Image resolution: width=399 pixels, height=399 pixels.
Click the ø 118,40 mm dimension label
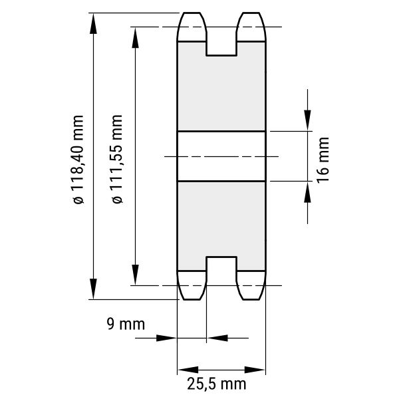[78, 160]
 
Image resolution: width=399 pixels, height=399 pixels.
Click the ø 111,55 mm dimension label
[117, 159]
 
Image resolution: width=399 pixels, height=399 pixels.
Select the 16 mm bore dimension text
[323, 160]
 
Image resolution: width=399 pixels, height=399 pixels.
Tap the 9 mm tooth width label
[126, 325]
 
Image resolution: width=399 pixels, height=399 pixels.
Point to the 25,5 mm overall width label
[217, 384]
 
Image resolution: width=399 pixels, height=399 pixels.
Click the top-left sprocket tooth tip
[192, 13]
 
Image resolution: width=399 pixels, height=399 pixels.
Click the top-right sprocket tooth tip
[251, 13]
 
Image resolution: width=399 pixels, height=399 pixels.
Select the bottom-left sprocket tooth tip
[192, 299]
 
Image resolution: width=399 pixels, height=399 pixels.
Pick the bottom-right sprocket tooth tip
[251, 299]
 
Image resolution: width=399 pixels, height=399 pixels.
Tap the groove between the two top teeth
[221, 43]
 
